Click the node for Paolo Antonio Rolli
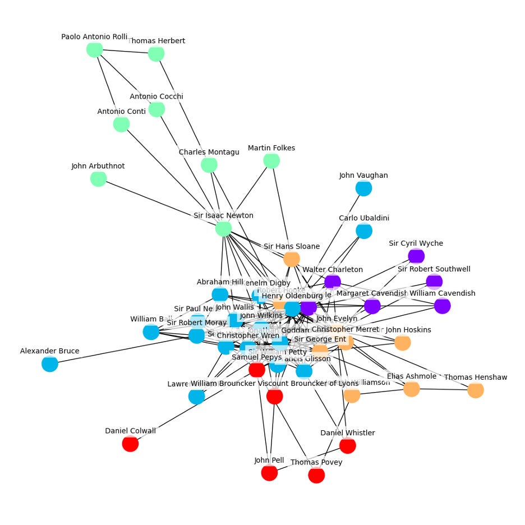pyautogui.click(x=94, y=49)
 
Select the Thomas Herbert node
pyautogui.click(x=156, y=54)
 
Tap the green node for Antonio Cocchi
pyautogui.click(x=156, y=109)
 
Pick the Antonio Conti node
pyautogui.click(x=121, y=124)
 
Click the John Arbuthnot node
pyautogui.click(x=98, y=179)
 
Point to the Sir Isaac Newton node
pyautogui.click(x=223, y=228)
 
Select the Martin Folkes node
pyautogui.click(x=271, y=161)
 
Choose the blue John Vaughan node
pyautogui.click(x=363, y=188)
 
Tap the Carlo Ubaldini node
pyautogui.click(x=364, y=231)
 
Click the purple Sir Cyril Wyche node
pyautogui.click(x=416, y=256)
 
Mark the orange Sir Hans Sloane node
pyautogui.click(x=291, y=259)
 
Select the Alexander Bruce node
pyautogui.click(x=50, y=364)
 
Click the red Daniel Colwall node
pyautogui.click(x=130, y=444)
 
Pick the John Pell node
pyautogui.click(x=269, y=473)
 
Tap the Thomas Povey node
pyautogui.click(x=316, y=475)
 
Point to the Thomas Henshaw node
pyautogui.click(x=476, y=390)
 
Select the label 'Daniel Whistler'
pyautogui.click(x=348, y=432)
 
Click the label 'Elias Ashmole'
pyautogui.click(x=412, y=376)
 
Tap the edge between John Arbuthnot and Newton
pyautogui.click(x=160, y=204)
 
